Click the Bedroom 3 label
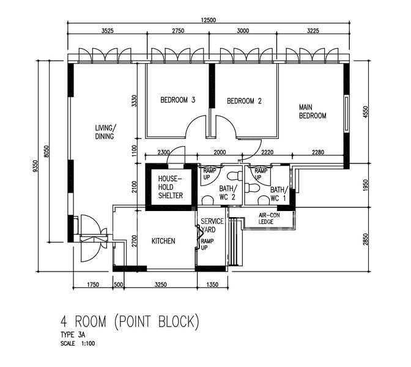pyautogui.click(x=178, y=100)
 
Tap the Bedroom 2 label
pyautogui.click(x=244, y=101)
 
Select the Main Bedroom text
pyautogui.click(x=313, y=111)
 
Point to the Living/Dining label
pyautogui.click(x=105, y=132)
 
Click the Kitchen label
pyautogui.click(x=163, y=241)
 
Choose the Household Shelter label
pyautogui.click(x=171, y=187)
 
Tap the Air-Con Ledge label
pyautogui.click(x=269, y=218)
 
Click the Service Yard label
pyautogui.click(x=212, y=226)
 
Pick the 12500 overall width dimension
pyautogui.click(x=209, y=20)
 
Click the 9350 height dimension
pyautogui.click(x=35, y=166)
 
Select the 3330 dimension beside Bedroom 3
pyautogui.click(x=134, y=101)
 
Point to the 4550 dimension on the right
pyautogui.click(x=366, y=112)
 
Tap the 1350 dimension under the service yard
pyautogui.click(x=212, y=284)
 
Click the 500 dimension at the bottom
pyautogui.click(x=119, y=284)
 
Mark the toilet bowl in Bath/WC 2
pyautogui.click(x=235, y=176)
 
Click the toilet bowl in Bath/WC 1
pyautogui.click(x=252, y=188)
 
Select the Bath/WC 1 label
pyautogui.click(x=279, y=194)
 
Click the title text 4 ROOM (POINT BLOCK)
pyautogui.click(x=130, y=322)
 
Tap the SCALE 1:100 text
pyautogui.click(x=78, y=343)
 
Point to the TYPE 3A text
pyautogui.click(x=73, y=335)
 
